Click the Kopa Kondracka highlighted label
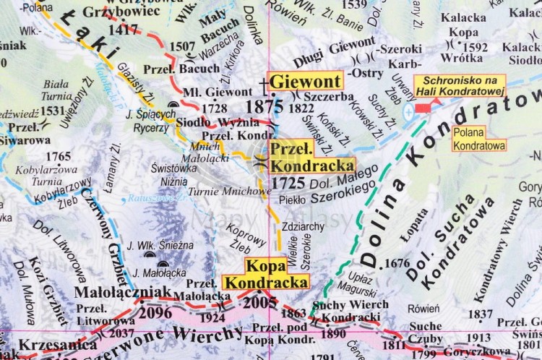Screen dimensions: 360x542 coord(267,273)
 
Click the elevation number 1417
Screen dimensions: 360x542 coord(124,30)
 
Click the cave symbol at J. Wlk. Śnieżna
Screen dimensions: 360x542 coord(150,254)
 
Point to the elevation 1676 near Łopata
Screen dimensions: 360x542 coord(397,263)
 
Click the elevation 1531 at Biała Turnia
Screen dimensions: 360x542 coord(53,111)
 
